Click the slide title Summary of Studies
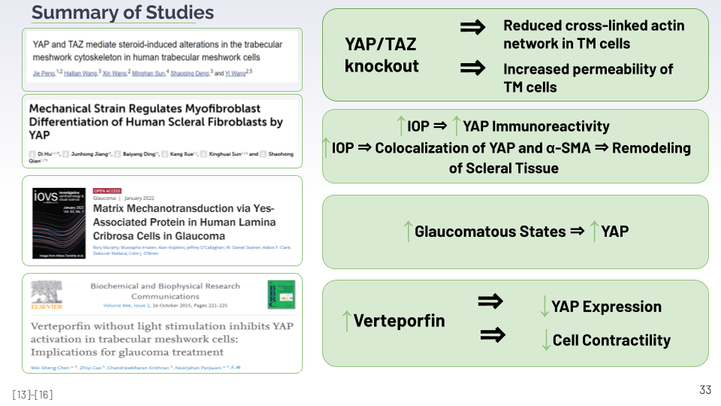[122, 13]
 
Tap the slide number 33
[704, 389]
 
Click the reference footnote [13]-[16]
[32, 395]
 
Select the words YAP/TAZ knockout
[382, 56]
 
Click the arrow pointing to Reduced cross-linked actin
[472, 27]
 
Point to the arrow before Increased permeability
[472, 68]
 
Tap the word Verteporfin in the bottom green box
[399, 321]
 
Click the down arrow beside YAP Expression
[545, 306]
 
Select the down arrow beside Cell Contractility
[546, 340]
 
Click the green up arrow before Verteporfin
[345, 321]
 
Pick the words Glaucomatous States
[490, 232]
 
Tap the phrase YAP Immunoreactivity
[536, 126]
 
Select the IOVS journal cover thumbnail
[59, 222]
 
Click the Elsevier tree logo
[46, 294]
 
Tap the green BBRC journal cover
[281, 295]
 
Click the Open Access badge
[107, 191]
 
